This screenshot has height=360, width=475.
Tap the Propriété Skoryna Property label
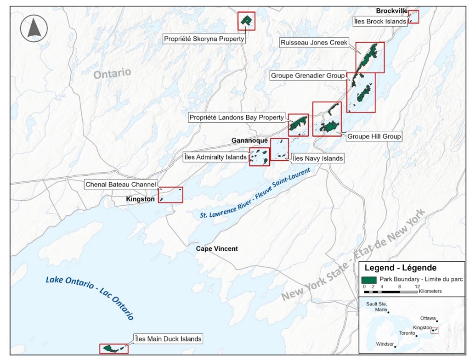204,39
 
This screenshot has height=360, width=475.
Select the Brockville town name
391,11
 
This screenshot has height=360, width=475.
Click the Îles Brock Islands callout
380,21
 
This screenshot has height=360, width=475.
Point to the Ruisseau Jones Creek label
314,43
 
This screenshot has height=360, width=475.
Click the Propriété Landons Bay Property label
237,118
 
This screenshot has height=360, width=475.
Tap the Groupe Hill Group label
374,136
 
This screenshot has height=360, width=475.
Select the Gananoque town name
249,141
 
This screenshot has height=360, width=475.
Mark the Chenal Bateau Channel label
121,184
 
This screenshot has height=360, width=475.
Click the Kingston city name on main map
140,199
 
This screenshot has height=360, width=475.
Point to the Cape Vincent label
217,248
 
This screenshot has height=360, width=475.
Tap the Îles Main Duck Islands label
168,339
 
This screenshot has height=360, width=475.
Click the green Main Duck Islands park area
110,349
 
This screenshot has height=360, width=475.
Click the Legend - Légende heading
400,268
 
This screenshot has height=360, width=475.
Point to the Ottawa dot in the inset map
437,321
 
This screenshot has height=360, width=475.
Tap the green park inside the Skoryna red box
247,20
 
